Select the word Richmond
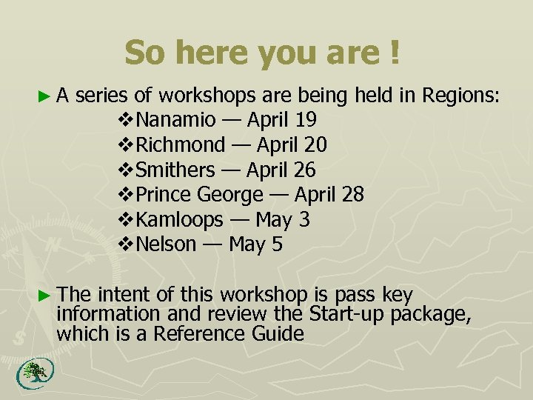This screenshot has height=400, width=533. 181,144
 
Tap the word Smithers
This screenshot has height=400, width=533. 175,170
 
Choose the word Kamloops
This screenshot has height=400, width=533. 180,220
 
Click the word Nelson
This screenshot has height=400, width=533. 167,244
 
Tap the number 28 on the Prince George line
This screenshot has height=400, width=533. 352,195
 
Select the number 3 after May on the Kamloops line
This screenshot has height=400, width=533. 304,220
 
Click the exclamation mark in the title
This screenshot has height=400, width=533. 393,53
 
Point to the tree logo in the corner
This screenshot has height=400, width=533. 32,373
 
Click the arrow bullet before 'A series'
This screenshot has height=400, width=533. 44,96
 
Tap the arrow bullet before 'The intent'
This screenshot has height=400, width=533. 44,294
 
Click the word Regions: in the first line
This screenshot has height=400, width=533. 461,96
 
